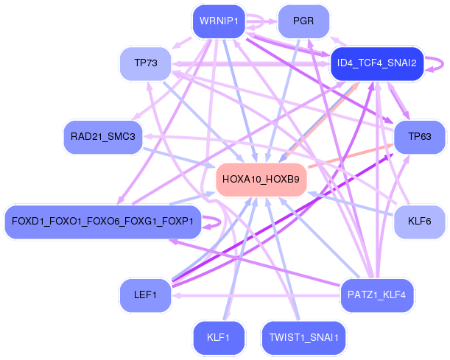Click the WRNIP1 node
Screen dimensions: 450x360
tap(219, 21)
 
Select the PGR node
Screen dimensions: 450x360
tap(303, 21)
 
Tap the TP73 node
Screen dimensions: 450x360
tap(146, 63)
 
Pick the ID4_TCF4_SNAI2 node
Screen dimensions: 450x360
tap(377, 63)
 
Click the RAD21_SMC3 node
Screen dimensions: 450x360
tap(103, 137)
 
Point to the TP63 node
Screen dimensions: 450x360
tap(420, 137)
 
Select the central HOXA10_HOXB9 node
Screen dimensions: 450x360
tap(261, 180)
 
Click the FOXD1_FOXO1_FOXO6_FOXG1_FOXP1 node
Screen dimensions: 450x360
tap(103, 222)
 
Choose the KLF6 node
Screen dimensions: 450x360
tap(420, 222)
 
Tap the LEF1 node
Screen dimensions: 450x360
tap(146, 295)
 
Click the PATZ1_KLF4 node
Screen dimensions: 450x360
tap(377, 295)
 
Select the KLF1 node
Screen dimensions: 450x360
tap(219, 338)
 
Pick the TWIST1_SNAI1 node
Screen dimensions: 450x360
tap(303, 338)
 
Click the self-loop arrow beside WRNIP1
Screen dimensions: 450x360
tap(263, 21)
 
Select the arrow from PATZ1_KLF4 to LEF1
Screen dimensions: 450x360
tap(256, 295)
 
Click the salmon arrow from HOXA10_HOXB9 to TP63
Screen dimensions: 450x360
tap(351, 156)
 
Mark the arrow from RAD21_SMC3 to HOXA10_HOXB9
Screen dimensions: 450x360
tap(179, 158)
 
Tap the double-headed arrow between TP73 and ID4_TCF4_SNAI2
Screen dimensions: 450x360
tap(251, 64)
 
